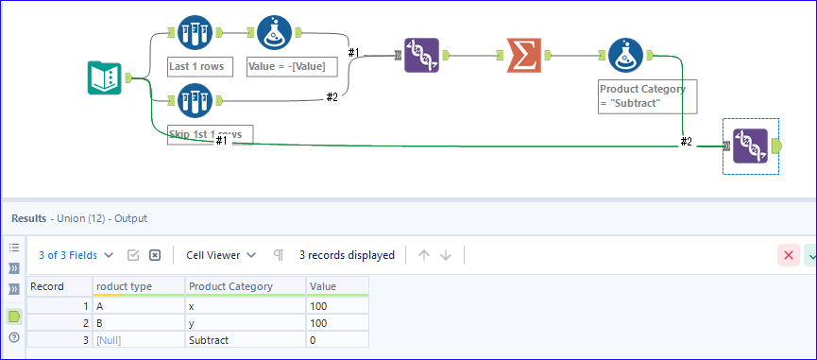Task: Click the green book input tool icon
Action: coord(105,78)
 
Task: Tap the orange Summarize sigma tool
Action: coord(524,55)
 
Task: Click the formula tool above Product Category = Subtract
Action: coord(625,56)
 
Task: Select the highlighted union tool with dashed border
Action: coord(750,146)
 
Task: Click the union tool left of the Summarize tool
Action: coord(420,56)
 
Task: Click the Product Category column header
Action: coord(230,286)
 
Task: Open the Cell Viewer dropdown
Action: coord(220,255)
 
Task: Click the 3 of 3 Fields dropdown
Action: coord(76,255)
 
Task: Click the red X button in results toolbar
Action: coord(788,255)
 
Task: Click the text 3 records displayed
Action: coord(347,255)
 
